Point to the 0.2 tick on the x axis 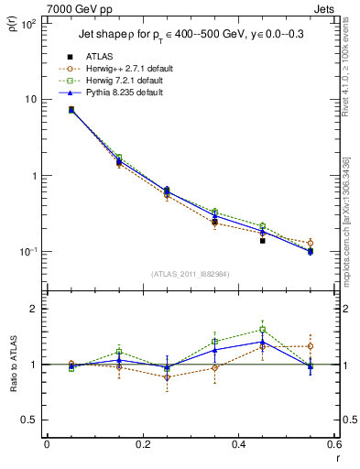(142, 445)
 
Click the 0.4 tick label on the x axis (239, 445)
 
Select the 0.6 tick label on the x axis (335, 445)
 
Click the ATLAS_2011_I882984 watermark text (191, 273)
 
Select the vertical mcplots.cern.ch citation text (346, 215)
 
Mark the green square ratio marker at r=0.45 (263, 330)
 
